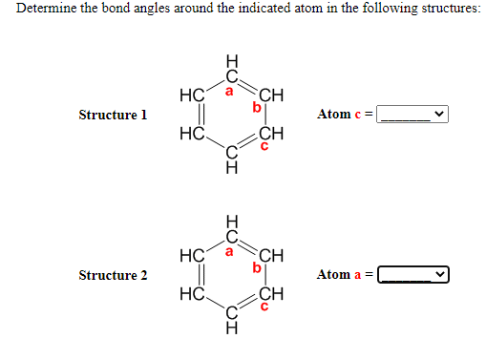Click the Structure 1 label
pos(113,115)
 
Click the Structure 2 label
pos(113,275)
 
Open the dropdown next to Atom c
pos(413,115)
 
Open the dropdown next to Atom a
pos(413,275)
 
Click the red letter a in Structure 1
pos(229,92)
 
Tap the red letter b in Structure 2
pos(255,268)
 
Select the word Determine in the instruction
pos(45,10)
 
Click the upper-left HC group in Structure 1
pos(189,95)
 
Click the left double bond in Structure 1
pos(189,115)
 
